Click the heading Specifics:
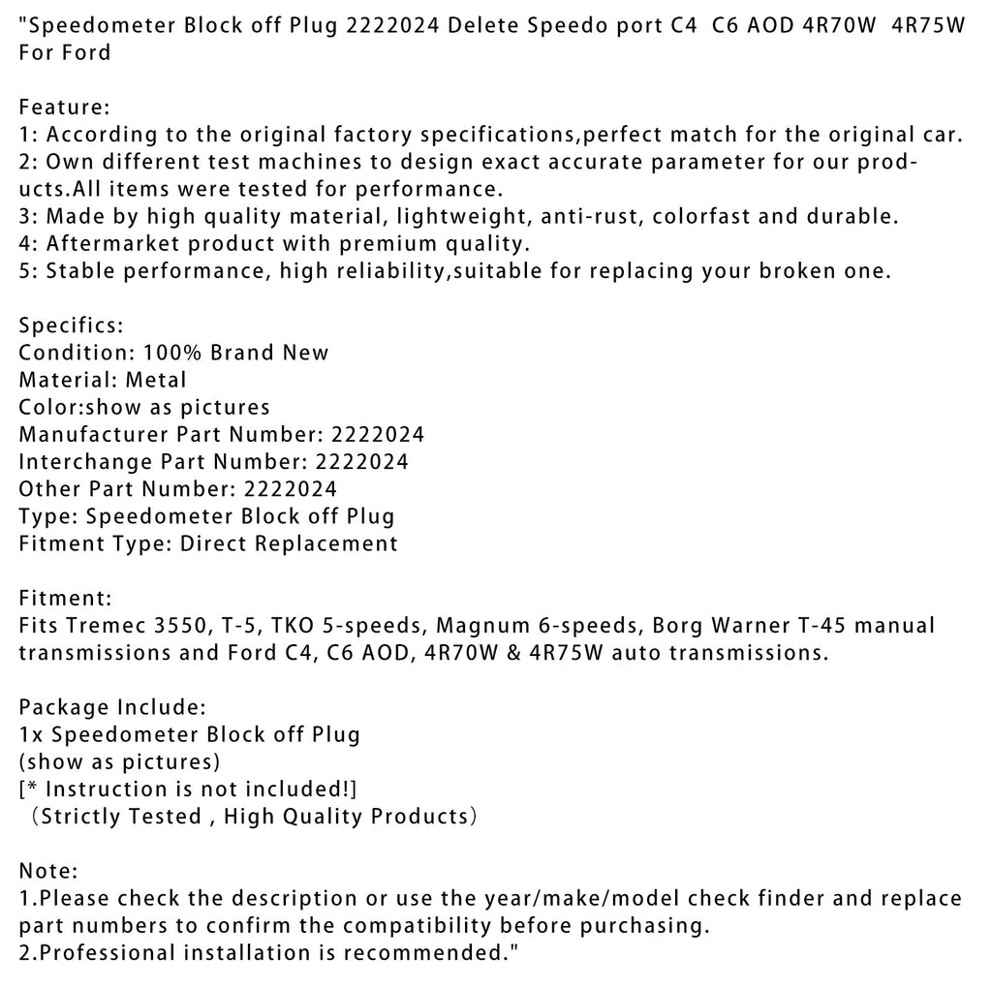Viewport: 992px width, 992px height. pyautogui.click(x=72, y=325)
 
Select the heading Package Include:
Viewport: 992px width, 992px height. pyautogui.click(x=111, y=707)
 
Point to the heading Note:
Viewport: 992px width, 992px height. pyautogui.click(x=48, y=871)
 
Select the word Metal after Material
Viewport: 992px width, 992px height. pyautogui.click(x=156, y=380)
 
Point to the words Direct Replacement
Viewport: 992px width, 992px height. pyautogui.click(x=289, y=543)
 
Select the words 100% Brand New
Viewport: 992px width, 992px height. pyautogui.click(x=236, y=353)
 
